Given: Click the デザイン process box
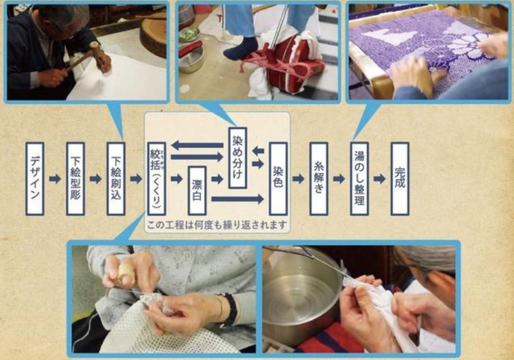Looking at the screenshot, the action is tap(35, 178).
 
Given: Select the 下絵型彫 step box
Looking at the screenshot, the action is tap(75, 178).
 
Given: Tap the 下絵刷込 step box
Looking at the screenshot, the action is tap(116, 178).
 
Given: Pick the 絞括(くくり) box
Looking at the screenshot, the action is tap(157, 178).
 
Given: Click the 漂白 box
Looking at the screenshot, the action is tap(197, 190).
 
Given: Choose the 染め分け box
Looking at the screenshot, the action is tap(238, 157).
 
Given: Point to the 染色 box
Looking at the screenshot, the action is tap(279, 178).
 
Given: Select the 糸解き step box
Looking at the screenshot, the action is tap(319, 178).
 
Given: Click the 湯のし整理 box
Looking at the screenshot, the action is tap(360, 178).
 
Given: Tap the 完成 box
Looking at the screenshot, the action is tap(400, 178).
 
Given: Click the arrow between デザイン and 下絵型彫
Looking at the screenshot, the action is tap(55, 178).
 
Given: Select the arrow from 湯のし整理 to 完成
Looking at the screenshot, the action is tap(380, 178).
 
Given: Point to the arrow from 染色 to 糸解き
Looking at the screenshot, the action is tap(299, 178).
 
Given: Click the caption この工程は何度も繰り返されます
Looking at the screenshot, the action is tap(217, 225).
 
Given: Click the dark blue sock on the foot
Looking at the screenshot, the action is tap(240, 47).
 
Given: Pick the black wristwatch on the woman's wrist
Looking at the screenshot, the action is tap(231, 309).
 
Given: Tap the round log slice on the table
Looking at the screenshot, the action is tap(153, 37).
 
